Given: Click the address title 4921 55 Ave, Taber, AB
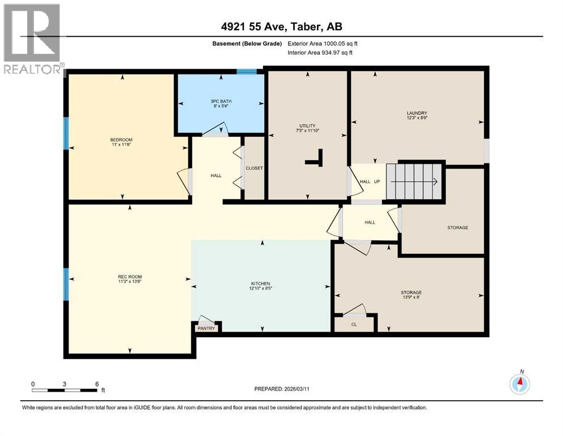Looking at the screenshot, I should point(282,27).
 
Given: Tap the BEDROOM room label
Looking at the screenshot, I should point(121,140).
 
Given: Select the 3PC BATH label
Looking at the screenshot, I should point(221,102).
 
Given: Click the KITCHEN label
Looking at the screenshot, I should point(261,284).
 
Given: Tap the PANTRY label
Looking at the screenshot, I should point(206,328).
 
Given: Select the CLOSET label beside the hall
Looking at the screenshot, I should point(254,168).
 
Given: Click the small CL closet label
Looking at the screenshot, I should point(354,325).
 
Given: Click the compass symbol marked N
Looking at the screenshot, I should point(519,384).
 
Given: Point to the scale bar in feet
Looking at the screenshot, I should point(65,389).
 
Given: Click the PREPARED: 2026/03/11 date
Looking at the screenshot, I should point(281,389).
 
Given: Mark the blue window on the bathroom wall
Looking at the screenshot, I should point(246,72).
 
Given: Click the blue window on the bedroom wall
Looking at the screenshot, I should point(66,133).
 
